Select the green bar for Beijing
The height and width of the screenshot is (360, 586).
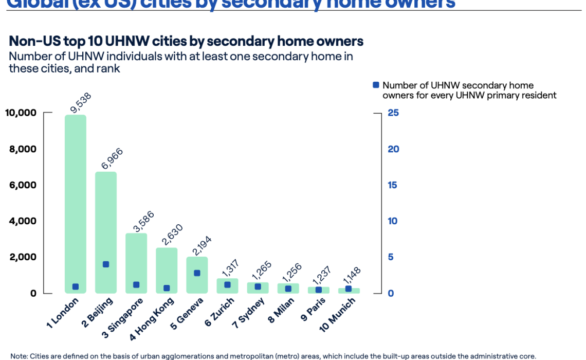106,226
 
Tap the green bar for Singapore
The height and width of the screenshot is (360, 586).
136,257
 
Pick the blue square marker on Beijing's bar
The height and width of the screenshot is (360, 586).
106,264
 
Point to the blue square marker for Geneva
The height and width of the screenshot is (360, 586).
197,273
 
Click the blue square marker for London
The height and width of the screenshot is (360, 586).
76,287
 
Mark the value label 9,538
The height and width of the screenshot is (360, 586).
79,100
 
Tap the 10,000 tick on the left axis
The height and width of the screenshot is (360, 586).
21,113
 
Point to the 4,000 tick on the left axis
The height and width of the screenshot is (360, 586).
24,221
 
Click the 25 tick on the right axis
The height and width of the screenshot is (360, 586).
393,113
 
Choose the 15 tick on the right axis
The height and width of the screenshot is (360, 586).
393,185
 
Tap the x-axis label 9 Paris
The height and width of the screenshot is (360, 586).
312,310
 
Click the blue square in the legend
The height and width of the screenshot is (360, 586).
376,85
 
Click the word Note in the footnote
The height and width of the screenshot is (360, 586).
19,356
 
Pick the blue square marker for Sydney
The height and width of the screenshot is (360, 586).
258,287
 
